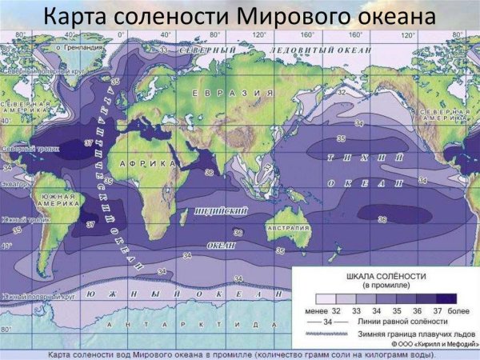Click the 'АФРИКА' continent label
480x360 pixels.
(146, 163)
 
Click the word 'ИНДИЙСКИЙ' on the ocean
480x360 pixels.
(220, 210)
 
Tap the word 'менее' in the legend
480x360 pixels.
(314, 309)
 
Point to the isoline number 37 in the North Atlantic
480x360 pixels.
(88, 142)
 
